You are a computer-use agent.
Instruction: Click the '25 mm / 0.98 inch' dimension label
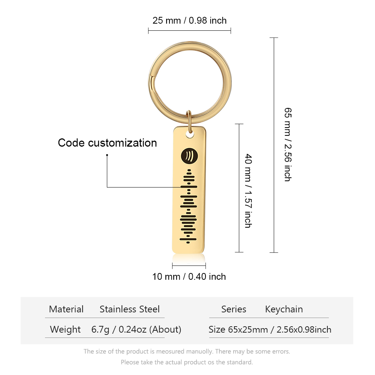pos(189,21)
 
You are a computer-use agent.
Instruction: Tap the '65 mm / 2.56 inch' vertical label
pos(288,144)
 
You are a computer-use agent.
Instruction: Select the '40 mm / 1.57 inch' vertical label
pos(249,190)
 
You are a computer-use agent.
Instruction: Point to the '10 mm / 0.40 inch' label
pos(189,276)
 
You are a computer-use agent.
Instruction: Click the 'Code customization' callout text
pos(107,143)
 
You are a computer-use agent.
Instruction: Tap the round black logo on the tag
pos(189,156)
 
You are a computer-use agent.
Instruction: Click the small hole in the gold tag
pos(190,135)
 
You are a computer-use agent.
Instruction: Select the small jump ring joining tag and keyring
pos(189,121)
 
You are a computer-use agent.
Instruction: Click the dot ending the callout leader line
pos(107,155)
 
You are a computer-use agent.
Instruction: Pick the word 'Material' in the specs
pos(66,309)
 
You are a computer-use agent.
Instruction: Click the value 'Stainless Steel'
pos(129,309)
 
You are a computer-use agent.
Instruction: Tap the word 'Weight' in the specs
pos(65,330)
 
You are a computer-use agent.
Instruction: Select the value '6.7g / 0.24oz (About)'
pos(136,330)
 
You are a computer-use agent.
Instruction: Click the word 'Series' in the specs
pos(234,309)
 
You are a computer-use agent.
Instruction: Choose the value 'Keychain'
pos(284,309)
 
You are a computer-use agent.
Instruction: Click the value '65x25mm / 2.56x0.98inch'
pos(280,330)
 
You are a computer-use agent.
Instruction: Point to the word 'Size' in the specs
pos(217,330)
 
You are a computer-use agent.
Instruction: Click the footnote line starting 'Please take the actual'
pos(187,362)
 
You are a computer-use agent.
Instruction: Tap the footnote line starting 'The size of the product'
pos(187,351)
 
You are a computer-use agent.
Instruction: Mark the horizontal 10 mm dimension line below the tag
pos(189,265)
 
